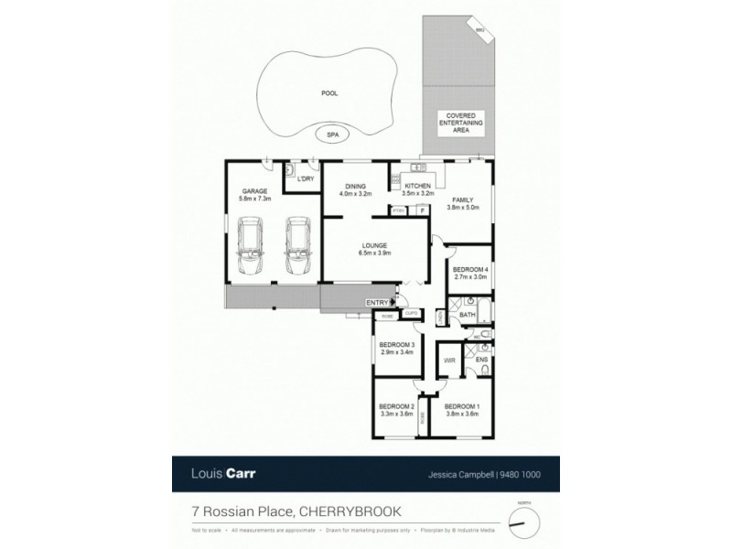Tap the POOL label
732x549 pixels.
click(328, 93)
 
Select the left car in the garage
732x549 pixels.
click(250, 245)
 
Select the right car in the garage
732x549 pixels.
click(297, 245)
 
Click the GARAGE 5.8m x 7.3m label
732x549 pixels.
click(254, 195)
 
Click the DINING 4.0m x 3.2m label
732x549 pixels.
click(356, 189)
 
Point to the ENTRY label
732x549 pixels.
click(376, 303)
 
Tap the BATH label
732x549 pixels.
click(467, 315)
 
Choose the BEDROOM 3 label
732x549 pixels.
click(397, 348)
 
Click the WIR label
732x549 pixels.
click(449, 361)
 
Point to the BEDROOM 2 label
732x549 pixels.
click(397, 410)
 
